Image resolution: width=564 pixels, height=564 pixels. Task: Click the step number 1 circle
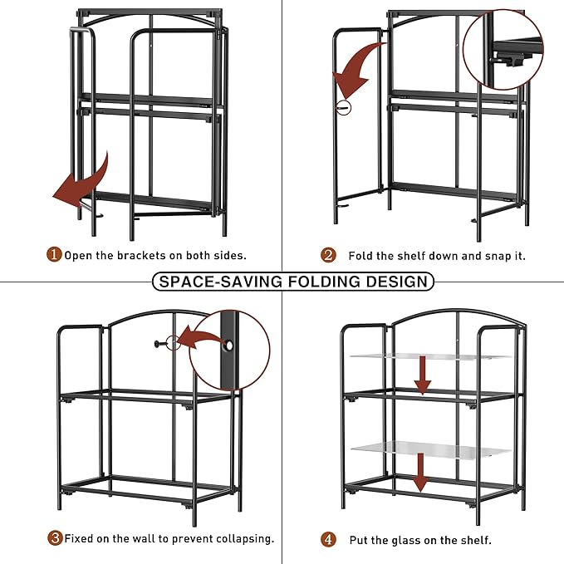[53, 255]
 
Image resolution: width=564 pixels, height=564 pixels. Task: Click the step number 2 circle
[329, 255]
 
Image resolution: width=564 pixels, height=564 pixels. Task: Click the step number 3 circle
[55, 538]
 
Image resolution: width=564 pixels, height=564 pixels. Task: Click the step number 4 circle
[329, 539]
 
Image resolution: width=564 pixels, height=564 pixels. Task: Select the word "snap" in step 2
[490, 255]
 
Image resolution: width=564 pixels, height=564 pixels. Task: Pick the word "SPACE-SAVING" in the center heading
[218, 281]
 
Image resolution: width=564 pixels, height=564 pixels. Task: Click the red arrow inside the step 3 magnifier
[203, 339]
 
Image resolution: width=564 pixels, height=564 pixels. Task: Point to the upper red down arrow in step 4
[423, 375]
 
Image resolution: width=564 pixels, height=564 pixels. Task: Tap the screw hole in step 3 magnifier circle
[228, 343]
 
